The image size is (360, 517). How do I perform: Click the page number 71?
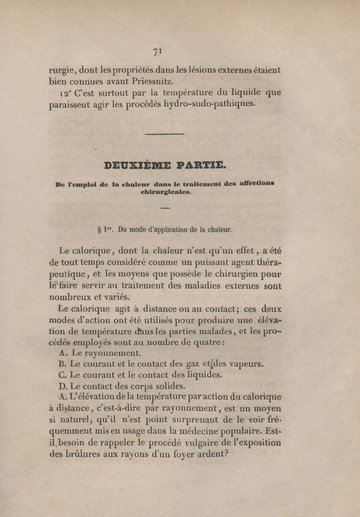coord(157,52)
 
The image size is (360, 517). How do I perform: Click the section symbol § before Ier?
coord(99,230)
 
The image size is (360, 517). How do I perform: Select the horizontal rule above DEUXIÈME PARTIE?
coord(165,134)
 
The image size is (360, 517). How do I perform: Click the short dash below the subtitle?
coord(165,208)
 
